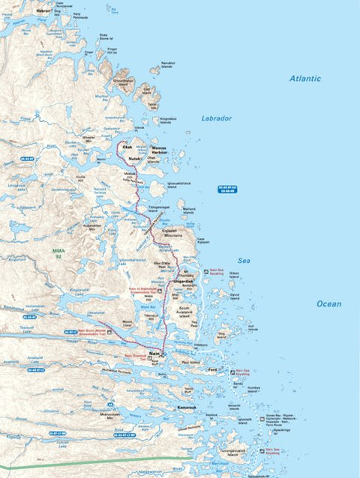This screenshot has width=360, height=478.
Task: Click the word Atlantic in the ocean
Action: click(x=305, y=79)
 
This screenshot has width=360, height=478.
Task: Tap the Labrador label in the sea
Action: click(x=217, y=118)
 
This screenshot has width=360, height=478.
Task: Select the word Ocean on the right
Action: click(x=328, y=304)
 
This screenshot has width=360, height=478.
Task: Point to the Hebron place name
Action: click(x=43, y=11)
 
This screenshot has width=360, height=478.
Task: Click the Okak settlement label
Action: click(x=127, y=148)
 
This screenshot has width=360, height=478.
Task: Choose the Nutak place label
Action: click(x=135, y=159)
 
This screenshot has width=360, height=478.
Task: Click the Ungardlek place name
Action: click(x=185, y=281)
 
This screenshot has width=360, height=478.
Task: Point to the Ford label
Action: click(x=212, y=369)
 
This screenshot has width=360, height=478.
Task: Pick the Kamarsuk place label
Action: click(x=187, y=408)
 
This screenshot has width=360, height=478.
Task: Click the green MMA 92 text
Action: click(x=58, y=253)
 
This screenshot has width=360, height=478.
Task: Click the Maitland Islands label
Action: click(x=189, y=211)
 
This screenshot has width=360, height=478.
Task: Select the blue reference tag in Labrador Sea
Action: click(x=226, y=189)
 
